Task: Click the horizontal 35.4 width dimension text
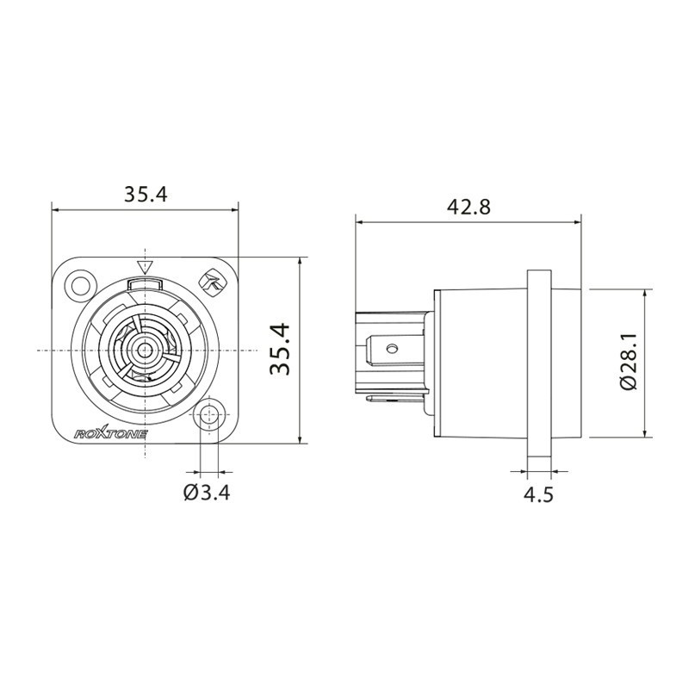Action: pyautogui.click(x=144, y=195)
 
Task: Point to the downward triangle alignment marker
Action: pyautogui.click(x=145, y=265)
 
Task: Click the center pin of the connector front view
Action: pyautogui.click(x=144, y=350)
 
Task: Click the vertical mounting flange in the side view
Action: pyautogui.click(x=539, y=362)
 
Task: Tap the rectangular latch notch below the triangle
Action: pyautogui.click(x=144, y=282)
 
